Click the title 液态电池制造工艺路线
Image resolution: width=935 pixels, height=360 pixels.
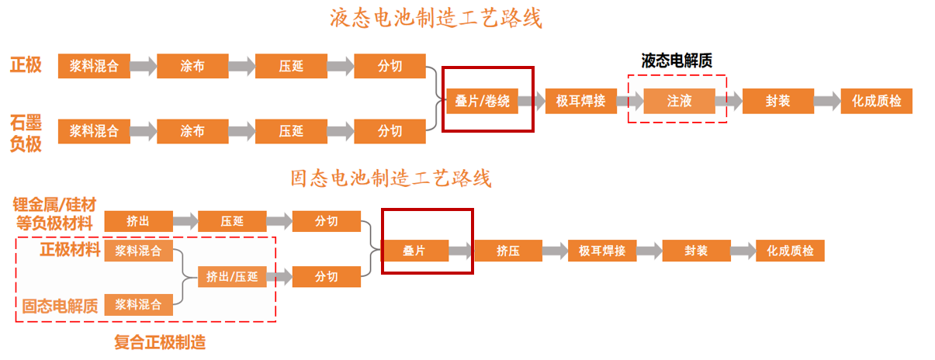435,18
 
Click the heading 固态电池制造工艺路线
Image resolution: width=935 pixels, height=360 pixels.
391,178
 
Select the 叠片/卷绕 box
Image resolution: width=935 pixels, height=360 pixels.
482,101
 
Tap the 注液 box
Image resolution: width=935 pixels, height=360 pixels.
679,101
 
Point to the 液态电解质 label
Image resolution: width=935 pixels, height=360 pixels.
677,61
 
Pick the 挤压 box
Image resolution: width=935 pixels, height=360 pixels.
508,251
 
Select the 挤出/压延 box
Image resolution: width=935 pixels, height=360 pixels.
232,276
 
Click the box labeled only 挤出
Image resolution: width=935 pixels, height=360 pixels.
138,221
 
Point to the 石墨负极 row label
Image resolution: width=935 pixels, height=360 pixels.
26,133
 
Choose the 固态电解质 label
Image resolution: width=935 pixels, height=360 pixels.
60,306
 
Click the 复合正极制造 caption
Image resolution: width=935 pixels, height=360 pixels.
160,342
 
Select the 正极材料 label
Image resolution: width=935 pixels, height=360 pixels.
70,250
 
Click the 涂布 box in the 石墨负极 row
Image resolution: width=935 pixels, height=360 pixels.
192,131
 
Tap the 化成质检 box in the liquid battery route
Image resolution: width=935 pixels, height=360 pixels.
876,101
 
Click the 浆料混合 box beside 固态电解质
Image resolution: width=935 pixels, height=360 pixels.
138,305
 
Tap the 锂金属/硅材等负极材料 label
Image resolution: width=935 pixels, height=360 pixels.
54,213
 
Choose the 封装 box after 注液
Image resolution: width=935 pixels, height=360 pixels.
777,101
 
